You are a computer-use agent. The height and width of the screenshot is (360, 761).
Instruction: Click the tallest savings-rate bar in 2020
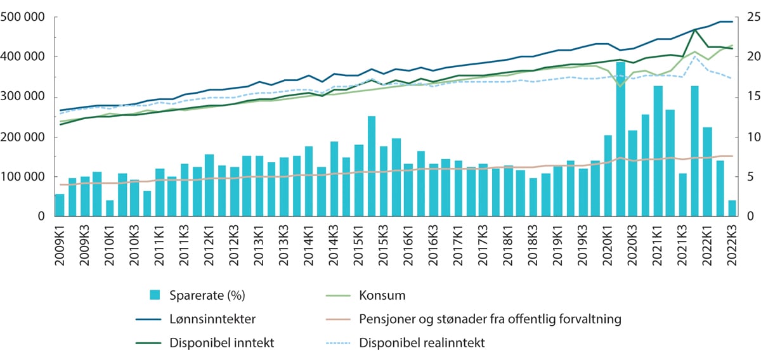[621, 139]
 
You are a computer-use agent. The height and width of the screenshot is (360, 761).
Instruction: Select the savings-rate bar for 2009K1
[60, 205]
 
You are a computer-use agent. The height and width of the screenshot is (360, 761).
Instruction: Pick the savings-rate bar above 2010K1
[110, 209]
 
